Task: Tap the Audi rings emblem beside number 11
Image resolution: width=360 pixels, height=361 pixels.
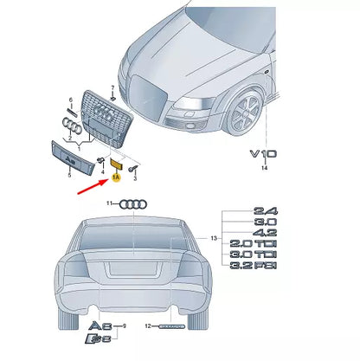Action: coord(132,204)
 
